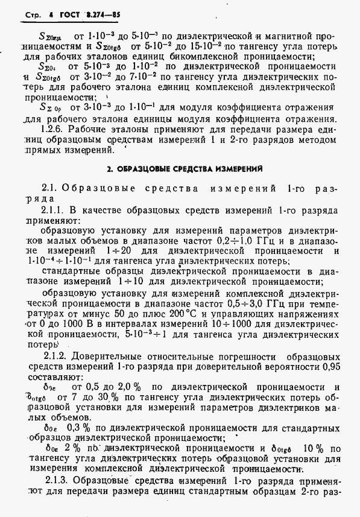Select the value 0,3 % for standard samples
(68, 427)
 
